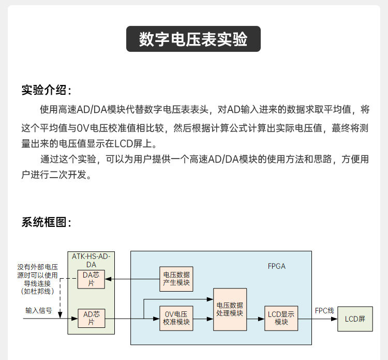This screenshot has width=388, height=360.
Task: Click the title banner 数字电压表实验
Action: point(193,40)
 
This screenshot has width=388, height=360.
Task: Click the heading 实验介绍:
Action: point(46,90)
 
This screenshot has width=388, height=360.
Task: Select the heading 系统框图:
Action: point(46,222)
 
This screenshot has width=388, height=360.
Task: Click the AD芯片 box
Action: point(91,318)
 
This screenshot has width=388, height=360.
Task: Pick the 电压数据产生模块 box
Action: point(176,279)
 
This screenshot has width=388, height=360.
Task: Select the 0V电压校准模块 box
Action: point(176,318)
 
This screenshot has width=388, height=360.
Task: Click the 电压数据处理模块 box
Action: point(230,309)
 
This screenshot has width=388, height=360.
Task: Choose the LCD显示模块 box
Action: point(281,318)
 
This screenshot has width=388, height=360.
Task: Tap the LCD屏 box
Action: point(355,319)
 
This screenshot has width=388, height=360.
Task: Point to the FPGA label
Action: point(276,266)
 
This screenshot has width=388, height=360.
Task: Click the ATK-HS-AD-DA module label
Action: point(91,260)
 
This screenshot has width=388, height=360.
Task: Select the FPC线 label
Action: point(324,311)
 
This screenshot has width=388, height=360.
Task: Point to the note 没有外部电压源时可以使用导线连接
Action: point(37,279)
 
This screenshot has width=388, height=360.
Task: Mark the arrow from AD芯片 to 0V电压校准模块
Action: point(132,318)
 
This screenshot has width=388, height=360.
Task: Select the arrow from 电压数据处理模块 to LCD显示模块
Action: point(256,318)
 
